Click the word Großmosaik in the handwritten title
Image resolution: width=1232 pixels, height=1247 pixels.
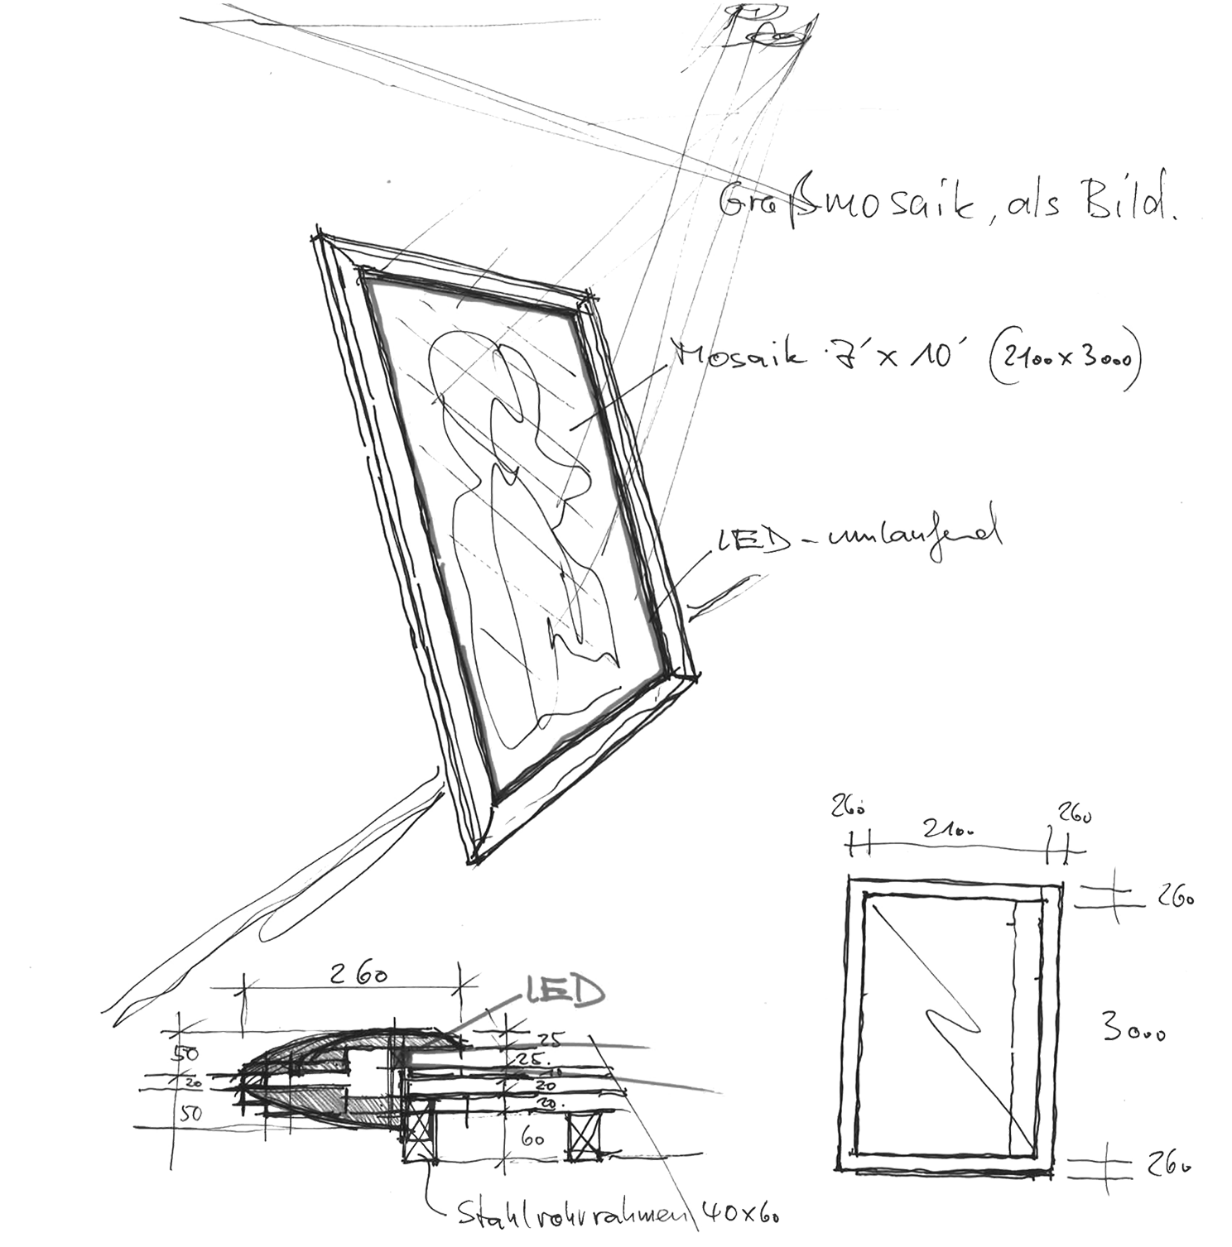pos(829,204)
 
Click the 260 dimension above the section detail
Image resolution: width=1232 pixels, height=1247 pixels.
pos(352,976)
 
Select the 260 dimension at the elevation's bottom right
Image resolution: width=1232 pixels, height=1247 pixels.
pos(1169,1166)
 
